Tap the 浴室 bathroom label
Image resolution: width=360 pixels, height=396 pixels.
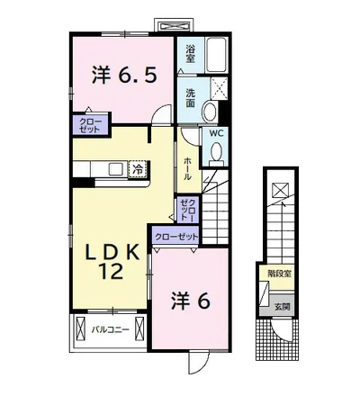[191, 53]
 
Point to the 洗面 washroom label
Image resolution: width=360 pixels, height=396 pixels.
[191, 97]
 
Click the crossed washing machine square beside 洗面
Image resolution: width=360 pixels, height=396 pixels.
[218, 87]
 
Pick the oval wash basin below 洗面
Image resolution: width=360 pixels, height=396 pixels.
[210, 112]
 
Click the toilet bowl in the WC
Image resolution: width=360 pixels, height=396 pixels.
[216, 153]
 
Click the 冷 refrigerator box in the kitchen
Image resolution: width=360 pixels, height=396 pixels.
[139, 167]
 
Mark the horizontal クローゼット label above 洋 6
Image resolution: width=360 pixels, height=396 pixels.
[175, 236]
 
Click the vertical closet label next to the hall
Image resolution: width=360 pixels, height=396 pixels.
[186, 210]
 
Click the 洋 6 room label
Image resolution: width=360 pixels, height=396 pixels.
[190, 301]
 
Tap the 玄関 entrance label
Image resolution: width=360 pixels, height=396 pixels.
[282, 306]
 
